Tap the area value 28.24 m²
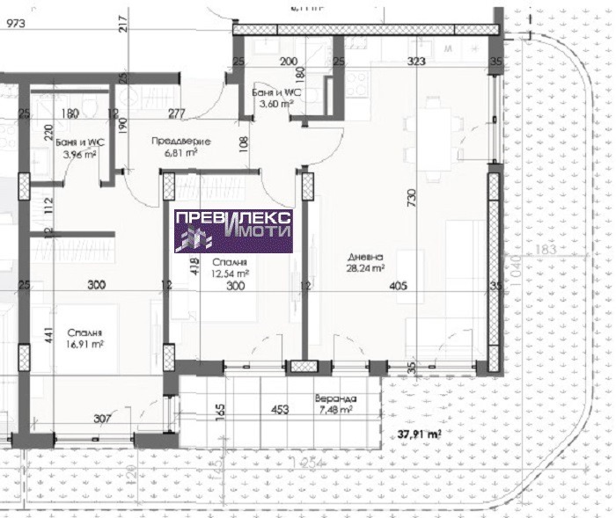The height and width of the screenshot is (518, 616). click(366, 268)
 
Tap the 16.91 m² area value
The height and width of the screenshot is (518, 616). click(85, 345)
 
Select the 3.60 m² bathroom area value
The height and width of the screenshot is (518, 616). click(273, 102)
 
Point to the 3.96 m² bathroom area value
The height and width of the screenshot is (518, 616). click(80, 156)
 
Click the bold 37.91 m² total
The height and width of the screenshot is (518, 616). click(419, 434)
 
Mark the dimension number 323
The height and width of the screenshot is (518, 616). click(416, 62)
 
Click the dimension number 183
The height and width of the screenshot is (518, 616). click(547, 252)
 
